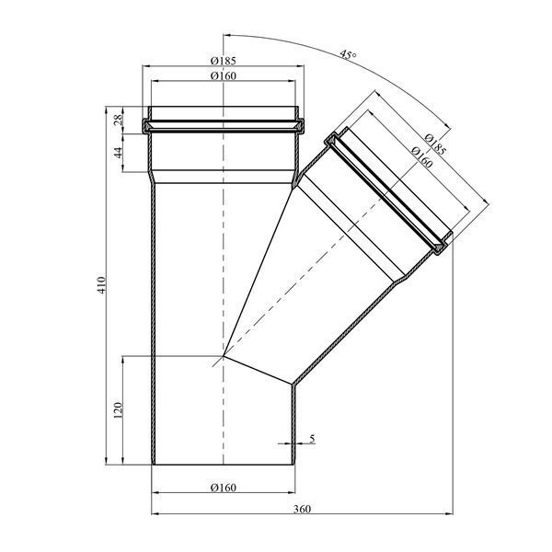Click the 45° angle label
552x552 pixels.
click(x=348, y=55)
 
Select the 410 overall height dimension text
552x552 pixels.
click(x=101, y=285)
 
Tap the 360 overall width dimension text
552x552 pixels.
click(x=302, y=509)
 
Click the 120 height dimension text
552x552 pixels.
click(x=118, y=410)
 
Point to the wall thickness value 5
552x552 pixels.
click(x=312, y=439)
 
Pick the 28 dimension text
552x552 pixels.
click(x=119, y=120)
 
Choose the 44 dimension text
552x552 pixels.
click(x=119, y=153)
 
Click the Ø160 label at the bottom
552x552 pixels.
click(x=224, y=488)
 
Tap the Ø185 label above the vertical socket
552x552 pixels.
click(x=224, y=61)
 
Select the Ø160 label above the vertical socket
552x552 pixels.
click(x=224, y=75)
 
